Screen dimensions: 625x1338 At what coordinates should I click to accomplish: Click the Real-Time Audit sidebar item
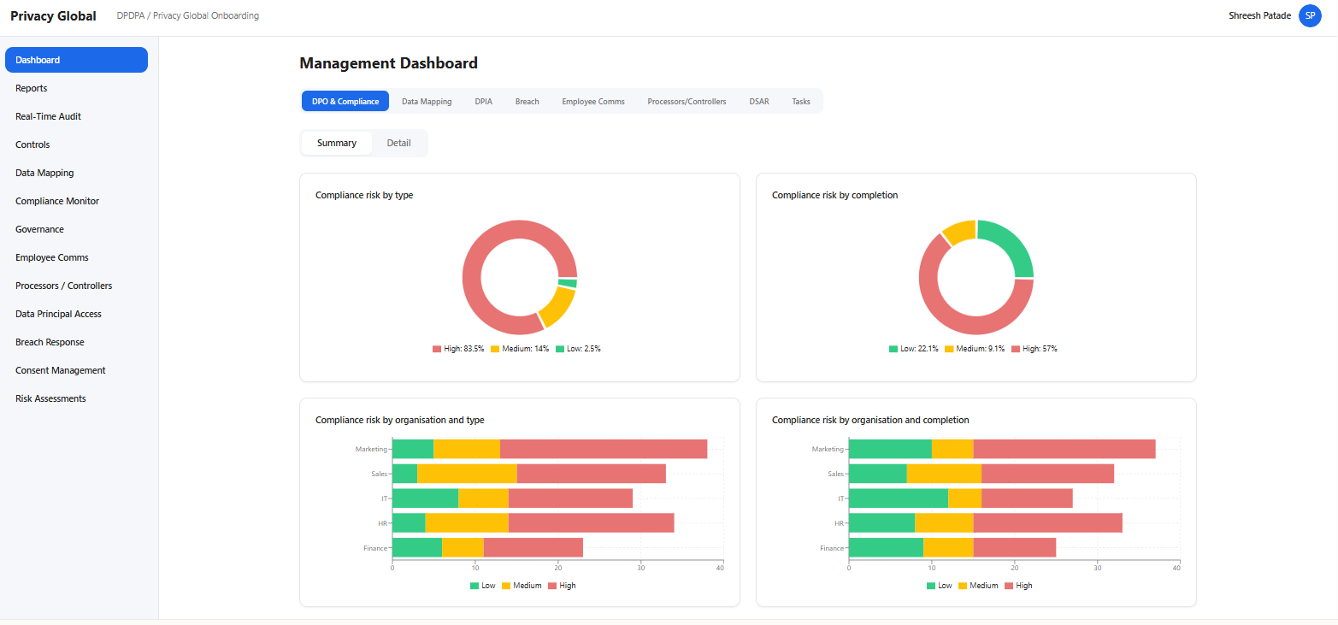tap(48, 116)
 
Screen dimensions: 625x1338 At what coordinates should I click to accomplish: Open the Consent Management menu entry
tap(60, 370)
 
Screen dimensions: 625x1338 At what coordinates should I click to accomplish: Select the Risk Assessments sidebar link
tap(50, 398)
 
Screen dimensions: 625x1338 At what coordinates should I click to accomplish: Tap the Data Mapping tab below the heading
tap(427, 102)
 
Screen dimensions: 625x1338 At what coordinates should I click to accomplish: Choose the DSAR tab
tap(758, 102)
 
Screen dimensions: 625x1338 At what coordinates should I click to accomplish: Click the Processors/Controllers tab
tap(687, 102)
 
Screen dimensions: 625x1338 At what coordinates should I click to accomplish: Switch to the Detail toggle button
tap(398, 143)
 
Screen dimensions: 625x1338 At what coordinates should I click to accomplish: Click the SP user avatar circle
tap(1310, 15)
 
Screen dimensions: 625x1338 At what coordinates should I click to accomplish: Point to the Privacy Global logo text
tap(53, 16)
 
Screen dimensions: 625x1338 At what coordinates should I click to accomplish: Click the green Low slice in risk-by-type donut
tap(568, 283)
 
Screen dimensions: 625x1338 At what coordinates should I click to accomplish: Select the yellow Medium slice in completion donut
tap(959, 232)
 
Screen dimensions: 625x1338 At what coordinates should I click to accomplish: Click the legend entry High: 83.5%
tap(459, 349)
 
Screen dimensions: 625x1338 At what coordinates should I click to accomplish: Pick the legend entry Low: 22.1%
tap(914, 349)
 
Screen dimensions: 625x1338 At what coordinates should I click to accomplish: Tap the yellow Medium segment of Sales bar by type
tap(467, 473)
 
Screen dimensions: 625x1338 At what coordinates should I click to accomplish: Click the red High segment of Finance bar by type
tap(533, 548)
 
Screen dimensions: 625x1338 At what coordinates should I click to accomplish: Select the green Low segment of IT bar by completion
tap(898, 498)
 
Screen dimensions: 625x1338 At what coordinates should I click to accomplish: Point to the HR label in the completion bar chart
tap(839, 523)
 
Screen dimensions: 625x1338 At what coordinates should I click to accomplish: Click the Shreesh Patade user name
tap(1259, 15)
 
